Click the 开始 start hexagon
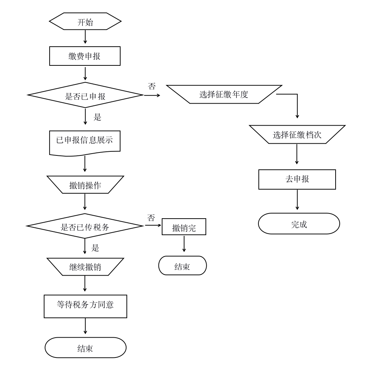coord(85,21)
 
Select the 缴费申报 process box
coord(85,56)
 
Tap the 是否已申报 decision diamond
coord(85,95)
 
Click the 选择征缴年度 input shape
coord(224,94)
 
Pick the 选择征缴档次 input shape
coord(297,134)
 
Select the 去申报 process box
coord(297,179)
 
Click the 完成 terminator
coord(299,224)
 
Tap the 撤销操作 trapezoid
coord(85,184)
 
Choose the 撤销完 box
coord(184,227)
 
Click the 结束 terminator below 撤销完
coord(182,266)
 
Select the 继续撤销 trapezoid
coord(85,267)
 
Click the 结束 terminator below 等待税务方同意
coord(85,348)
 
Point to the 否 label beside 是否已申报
coord(152,86)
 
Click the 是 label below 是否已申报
coord(97,117)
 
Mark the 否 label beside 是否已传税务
coord(151,218)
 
